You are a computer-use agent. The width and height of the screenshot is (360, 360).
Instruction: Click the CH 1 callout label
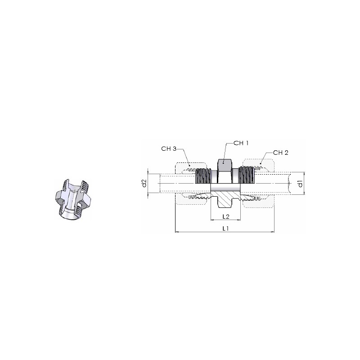tap(241, 143)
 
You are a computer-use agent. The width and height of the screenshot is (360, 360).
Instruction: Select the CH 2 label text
tap(280, 153)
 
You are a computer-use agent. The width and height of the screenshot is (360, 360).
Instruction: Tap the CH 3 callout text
tap(169, 149)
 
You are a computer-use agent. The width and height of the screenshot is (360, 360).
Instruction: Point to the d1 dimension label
tap(300, 184)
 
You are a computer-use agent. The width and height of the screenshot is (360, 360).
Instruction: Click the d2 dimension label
tap(144, 183)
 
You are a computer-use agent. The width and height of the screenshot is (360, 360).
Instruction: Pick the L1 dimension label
tap(226, 228)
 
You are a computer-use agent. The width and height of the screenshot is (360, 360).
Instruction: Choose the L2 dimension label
tap(226, 216)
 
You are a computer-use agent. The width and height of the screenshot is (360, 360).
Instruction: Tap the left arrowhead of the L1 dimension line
tap(177, 232)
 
